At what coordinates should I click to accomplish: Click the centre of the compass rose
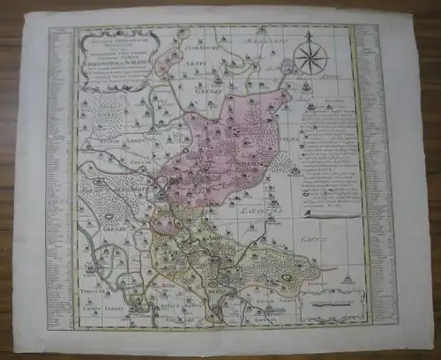[x=310, y=60]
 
